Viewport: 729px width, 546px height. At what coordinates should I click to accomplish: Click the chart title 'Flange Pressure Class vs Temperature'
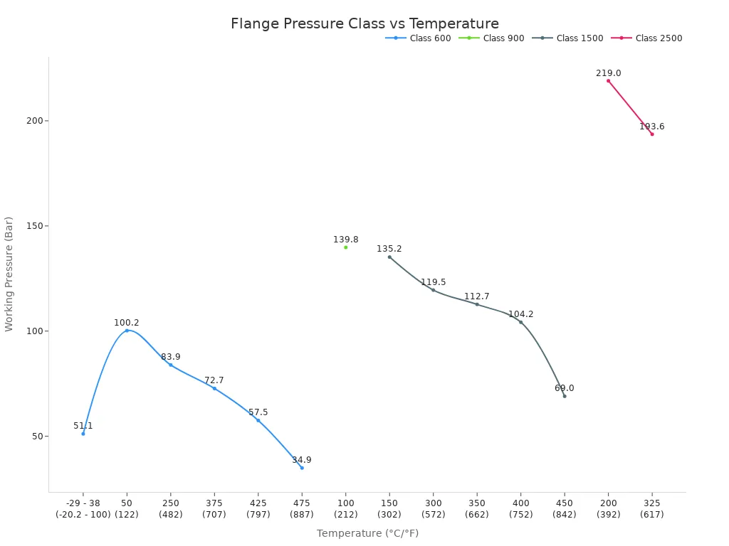pos(364,24)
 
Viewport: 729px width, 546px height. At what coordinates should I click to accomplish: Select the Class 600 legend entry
pos(419,38)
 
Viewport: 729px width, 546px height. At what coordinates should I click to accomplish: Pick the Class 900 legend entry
pos(492,38)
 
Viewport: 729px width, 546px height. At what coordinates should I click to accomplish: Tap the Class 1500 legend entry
pos(567,38)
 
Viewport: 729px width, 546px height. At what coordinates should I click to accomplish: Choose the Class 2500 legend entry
pos(646,38)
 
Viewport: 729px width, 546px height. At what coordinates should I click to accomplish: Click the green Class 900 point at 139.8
pos(346,247)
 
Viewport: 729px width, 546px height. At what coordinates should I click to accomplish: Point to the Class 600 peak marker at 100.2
pos(127,331)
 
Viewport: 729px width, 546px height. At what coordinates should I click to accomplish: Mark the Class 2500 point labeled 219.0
pos(608,81)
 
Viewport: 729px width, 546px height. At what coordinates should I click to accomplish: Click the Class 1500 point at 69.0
pos(565,396)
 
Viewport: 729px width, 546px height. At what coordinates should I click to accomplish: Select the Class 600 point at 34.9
pos(302,468)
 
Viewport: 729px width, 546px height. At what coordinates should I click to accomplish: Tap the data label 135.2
pos(389,249)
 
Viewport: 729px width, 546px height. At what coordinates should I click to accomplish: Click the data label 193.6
pos(651,127)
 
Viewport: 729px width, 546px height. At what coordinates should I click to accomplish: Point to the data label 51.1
pos(83,426)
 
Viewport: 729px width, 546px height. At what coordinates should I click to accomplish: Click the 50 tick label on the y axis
pos(36,437)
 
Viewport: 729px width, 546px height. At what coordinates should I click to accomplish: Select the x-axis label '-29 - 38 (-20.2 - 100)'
pos(83,508)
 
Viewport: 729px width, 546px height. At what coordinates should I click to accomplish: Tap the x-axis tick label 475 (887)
pos(302,508)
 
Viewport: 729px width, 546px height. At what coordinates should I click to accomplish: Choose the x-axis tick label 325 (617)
pos(651,508)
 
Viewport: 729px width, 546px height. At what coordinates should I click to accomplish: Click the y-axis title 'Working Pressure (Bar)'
pos(9,274)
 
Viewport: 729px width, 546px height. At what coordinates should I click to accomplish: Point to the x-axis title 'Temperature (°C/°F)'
pos(367,533)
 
